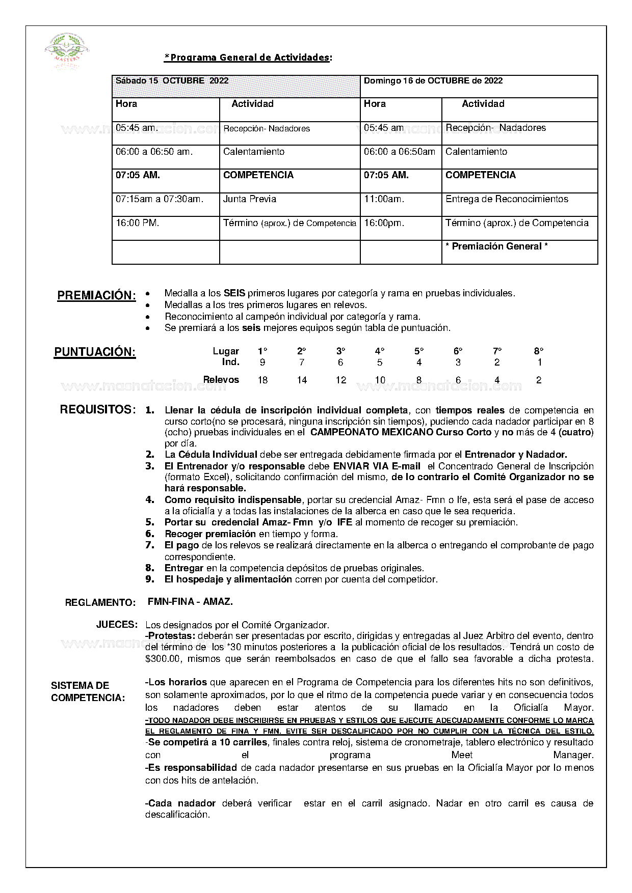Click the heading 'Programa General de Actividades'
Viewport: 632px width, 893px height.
click(x=248, y=58)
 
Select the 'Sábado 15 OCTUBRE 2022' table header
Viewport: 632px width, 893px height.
click(x=172, y=80)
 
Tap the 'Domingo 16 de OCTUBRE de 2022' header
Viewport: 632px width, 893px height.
click(x=433, y=80)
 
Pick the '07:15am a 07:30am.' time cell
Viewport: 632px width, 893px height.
click(x=160, y=199)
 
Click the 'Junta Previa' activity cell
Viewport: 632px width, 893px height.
click(x=250, y=199)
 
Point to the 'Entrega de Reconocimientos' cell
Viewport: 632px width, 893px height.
click(x=507, y=199)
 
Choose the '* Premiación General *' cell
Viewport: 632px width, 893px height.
click(x=496, y=246)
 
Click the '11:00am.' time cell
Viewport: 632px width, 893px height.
click(x=384, y=199)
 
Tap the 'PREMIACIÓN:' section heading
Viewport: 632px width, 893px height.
click(x=96, y=296)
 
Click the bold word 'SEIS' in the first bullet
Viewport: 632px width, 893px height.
click(x=234, y=293)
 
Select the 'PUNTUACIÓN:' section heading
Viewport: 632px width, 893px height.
click(x=95, y=352)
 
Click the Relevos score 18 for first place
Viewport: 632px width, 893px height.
click(x=262, y=380)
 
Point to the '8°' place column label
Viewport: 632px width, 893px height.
click(x=539, y=351)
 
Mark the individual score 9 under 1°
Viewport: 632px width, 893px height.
click(x=262, y=362)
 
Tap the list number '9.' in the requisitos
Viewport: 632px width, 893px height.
click(x=150, y=579)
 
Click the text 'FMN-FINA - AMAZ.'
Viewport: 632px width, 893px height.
click(x=190, y=601)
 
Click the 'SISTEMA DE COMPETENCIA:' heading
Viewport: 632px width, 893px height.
click(x=88, y=691)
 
